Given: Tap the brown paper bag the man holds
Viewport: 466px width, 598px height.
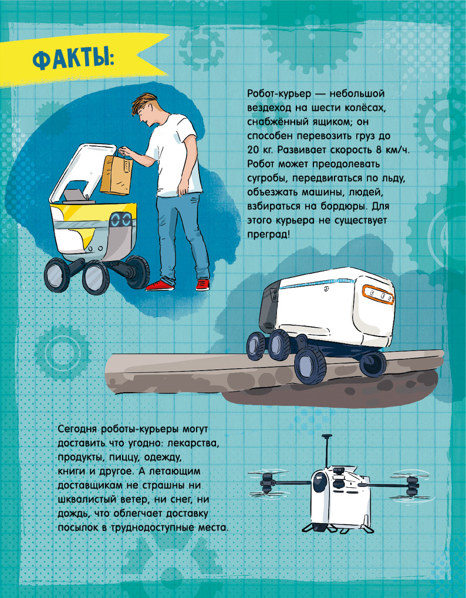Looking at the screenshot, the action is pyautogui.click(x=116, y=175).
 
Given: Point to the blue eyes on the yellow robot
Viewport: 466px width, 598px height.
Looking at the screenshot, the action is pyautogui.click(x=121, y=220).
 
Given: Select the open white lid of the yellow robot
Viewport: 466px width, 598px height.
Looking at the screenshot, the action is pyautogui.click(x=82, y=172).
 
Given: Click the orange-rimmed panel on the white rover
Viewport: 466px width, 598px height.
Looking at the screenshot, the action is pyautogui.click(x=378, y=294).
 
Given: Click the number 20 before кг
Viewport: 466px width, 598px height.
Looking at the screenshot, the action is pyautogui.click(x=254, y=150).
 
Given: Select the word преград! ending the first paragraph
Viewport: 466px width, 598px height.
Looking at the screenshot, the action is pyautogui.click(x=269, y=234).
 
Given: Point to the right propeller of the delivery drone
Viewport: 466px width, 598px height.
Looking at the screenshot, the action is pyautogui.click(x=410, y=483).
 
